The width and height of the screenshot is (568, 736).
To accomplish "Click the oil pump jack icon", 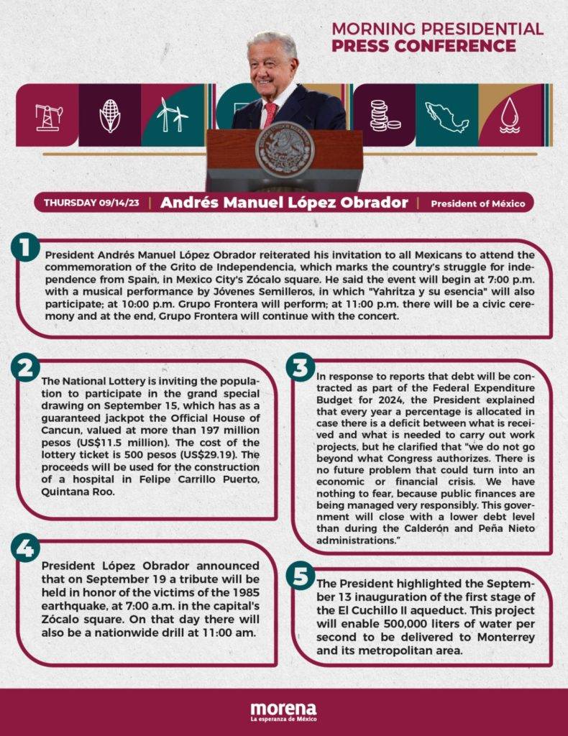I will tap(48, 116).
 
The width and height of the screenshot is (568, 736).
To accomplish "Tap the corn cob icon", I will tap(109, 115).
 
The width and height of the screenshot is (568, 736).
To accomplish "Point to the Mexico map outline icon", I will tap(446, 116).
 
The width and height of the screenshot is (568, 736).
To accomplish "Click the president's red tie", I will tap(270, 114).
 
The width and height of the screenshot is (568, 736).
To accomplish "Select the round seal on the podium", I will tap(285, 152).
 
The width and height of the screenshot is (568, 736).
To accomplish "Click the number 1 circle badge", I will tap(24, 248).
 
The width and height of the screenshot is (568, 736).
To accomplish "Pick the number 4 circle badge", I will tap(24, 548).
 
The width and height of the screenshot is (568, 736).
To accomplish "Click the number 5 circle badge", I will tap(301, 576).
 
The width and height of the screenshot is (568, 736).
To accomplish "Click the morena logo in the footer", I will tap(283, 711).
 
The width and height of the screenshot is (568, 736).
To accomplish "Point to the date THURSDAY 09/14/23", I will tap(91, 203).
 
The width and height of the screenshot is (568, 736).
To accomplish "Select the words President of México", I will tap(477, 203).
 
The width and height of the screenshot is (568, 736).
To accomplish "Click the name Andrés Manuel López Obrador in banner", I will tap(283, 202).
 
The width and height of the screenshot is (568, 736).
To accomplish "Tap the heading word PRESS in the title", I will tap(360, 46).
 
